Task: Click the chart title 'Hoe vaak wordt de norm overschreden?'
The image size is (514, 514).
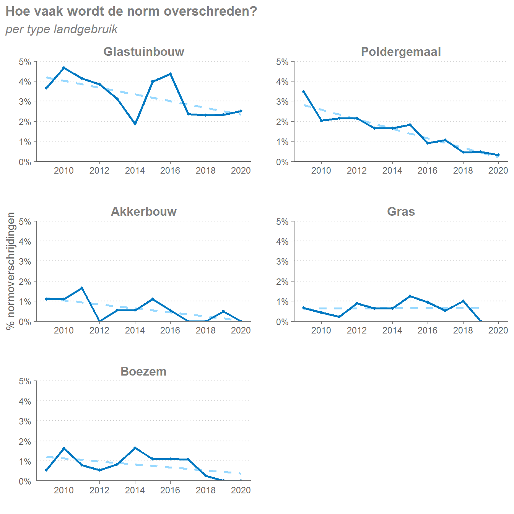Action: pos(131,11)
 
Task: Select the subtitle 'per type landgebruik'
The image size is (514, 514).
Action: pos(62,29)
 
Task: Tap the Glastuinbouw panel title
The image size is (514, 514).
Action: pos(144,52)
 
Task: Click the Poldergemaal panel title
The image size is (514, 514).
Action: pos(401,52)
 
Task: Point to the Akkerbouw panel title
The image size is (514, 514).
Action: pos(144,211)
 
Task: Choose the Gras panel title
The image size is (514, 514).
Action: pos(401,211)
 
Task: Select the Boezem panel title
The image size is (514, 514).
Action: pos(143,371)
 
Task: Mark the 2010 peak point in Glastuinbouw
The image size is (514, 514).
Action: pos(64,68)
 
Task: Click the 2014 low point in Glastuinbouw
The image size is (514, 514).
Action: pos(135,124)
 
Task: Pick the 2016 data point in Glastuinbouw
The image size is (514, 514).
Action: pos(170,74)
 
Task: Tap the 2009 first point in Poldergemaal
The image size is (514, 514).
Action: pos(304,92)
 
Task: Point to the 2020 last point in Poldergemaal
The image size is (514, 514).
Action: pos(498,155)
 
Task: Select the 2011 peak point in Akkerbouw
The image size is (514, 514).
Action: pos(82,288)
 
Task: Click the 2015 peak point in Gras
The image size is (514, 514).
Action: pos(410,296)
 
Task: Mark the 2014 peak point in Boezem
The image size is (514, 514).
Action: pos(135,448)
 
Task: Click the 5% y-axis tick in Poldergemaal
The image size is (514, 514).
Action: pos(282,62)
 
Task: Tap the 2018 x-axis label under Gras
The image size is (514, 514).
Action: pos(463,330)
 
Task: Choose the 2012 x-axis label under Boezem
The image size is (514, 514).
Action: pos(99,490)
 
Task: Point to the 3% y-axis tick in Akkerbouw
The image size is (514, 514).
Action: pos(25,262)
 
